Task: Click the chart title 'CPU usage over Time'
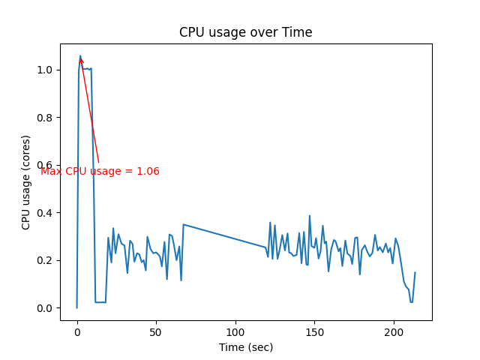tap(245, 32)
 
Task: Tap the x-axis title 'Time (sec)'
tap(245, 347)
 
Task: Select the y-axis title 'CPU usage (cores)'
tap(26, 182)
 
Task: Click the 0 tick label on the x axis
tap(77, 331)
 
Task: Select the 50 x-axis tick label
tap(156, 331)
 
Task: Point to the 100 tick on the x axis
tap(235, 331)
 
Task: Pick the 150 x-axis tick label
tap(315, 331)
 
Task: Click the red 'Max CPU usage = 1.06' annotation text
tap(100, 171)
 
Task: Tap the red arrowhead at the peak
tap(81, 61)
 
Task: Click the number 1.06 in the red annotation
tap(148, 171)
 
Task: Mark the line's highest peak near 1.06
tap(80, 55)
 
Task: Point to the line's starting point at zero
tap(76, 307)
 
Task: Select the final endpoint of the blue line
tap(415, 272)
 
